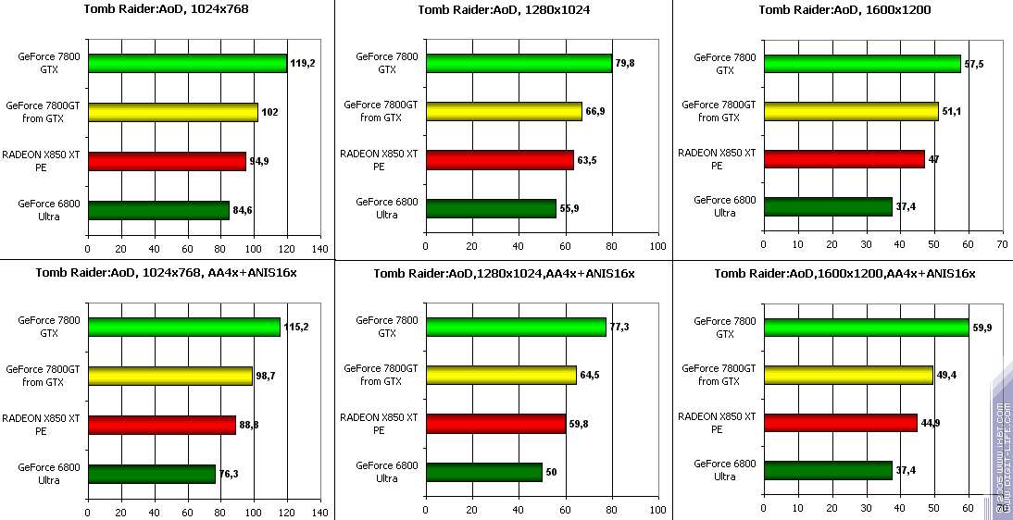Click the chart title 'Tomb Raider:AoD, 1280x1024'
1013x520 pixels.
[x=505, y=10]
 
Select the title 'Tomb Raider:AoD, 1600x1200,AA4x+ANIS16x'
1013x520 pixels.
[x=844, y=273]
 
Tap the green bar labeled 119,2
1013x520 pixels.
[x=187, y=64]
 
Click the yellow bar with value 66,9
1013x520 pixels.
[x=503, y=111]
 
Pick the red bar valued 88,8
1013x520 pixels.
[x=161, y=425]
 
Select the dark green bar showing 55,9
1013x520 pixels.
[x=491, y=208]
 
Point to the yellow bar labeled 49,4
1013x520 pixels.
[x=848, y=375]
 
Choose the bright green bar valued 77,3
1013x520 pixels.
[x=515, y=328]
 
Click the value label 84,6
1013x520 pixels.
[x=243, y=210]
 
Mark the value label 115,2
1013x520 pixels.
[x=296, y=328]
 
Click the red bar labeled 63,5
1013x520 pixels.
[x=499, y=159]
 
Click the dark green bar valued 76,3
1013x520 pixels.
[x=151, y=473]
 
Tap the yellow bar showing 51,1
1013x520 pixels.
[x=850, y=111]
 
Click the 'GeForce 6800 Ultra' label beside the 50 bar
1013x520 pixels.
[x=381, y=472]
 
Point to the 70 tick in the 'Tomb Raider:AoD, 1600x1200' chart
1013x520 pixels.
[x=1002, y=244]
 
